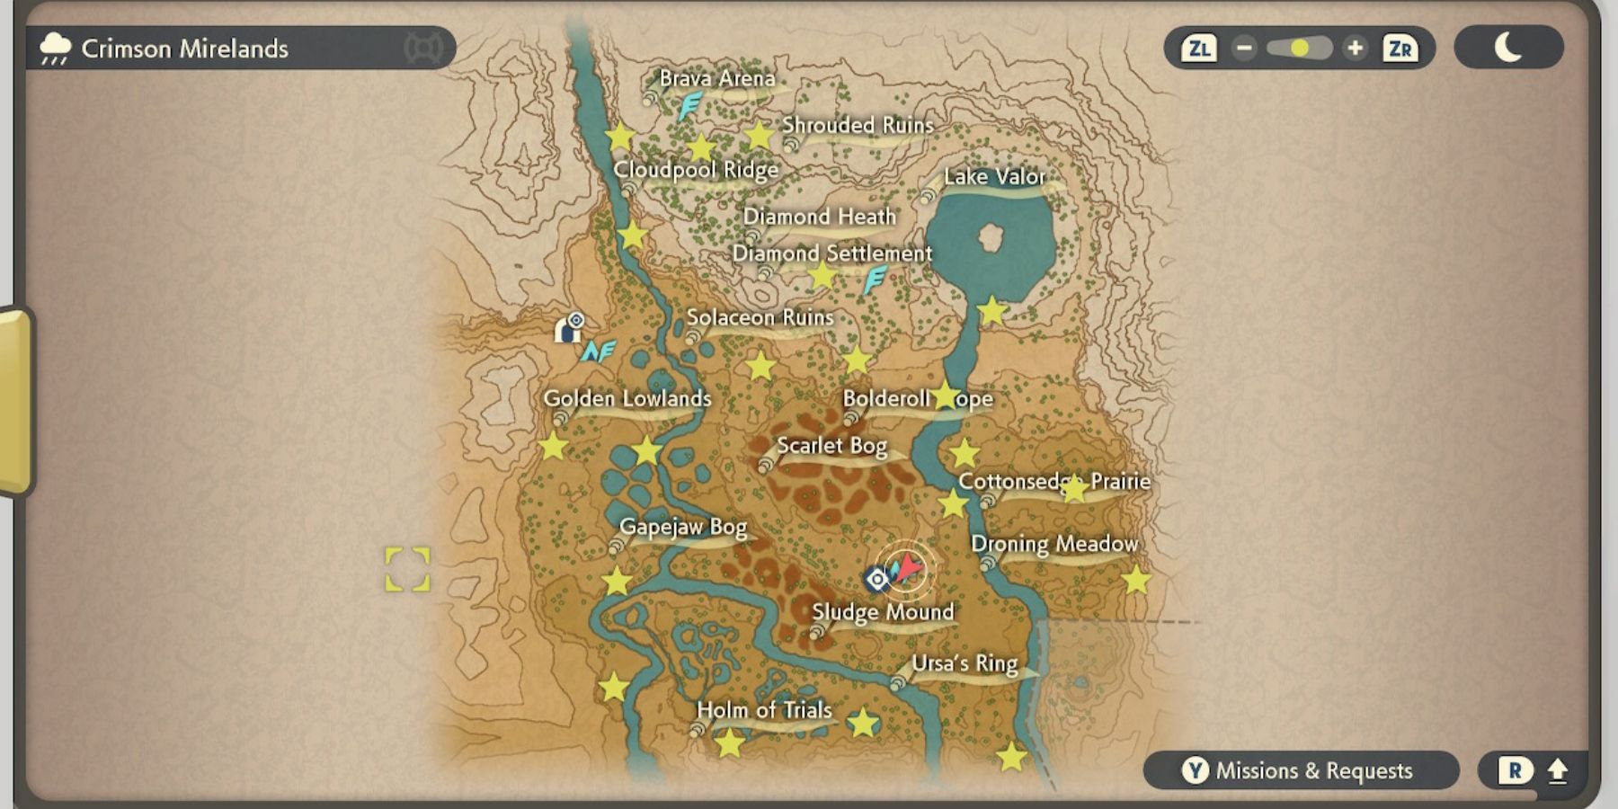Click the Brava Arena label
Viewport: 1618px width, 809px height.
(716, 79)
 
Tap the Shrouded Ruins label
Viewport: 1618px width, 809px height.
(858, 125)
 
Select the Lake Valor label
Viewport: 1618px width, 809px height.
(994, 177)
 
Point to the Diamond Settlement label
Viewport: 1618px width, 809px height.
(832, 253)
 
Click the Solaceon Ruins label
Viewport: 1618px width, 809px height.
(760, 317)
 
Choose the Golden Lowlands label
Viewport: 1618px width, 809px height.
(627, 398)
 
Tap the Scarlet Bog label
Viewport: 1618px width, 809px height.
(831, 446)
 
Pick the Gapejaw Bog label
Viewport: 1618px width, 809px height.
(683, 527)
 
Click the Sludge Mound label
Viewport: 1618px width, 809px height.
(882, 612)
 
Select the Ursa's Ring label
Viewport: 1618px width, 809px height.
(965, 663)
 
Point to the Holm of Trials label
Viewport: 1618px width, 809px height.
(764, 710)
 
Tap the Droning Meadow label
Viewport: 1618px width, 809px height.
(1054, 544)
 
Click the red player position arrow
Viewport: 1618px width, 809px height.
(909, 567)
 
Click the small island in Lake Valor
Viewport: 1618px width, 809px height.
(991, 238)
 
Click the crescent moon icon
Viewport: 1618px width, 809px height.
(1507, 47)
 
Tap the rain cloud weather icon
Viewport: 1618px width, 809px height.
(56, 49)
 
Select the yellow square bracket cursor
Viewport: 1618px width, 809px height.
(407, 570)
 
